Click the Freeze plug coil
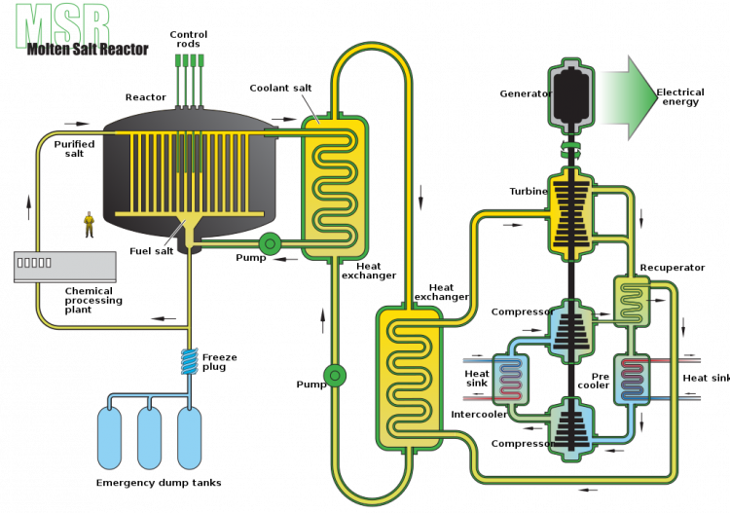190,362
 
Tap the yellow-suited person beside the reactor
89,225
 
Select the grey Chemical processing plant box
64,267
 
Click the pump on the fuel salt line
270,243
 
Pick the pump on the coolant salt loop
335,375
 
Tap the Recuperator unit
632,301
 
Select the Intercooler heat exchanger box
510,380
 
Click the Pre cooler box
632,380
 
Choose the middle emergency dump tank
150,438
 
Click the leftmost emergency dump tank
109,438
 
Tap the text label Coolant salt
280,88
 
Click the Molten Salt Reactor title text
88,49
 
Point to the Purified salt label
75,149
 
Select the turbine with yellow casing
571,214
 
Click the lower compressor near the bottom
571,429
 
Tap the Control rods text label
189,39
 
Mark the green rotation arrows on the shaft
571,150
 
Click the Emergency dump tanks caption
159,483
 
